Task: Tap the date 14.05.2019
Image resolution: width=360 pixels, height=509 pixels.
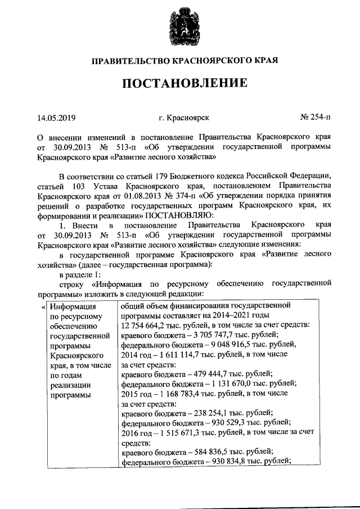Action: click(x=56, y=118)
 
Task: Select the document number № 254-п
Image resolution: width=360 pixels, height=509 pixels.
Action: click(x=316, y=118)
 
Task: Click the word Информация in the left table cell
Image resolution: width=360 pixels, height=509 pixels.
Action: click(x=70, y=307)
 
